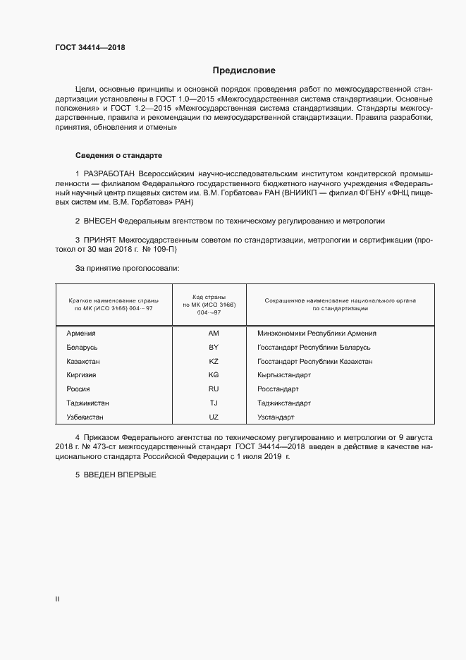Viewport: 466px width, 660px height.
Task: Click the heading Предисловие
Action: tap(244, 71)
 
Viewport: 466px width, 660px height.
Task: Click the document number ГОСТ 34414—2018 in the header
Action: tap(91, 48)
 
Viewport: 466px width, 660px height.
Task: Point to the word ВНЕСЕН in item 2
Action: tap(99, 221)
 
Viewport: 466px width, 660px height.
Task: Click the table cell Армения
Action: tap(81, 334)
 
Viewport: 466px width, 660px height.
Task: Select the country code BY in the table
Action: tap(214, 348)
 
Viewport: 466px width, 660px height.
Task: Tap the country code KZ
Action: tap(214, 361)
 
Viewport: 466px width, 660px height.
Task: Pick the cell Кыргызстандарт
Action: tap(284, 375)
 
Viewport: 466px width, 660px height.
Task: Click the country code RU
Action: tap(214, 389)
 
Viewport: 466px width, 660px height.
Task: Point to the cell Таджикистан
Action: tap(87, 403)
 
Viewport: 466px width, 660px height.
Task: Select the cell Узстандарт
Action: tap(276, 417)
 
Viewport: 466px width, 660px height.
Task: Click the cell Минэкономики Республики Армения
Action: tap(317, 334)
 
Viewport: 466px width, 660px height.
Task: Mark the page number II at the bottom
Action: tap(57, 599)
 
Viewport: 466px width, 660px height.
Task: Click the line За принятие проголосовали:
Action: tap(127, 269)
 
